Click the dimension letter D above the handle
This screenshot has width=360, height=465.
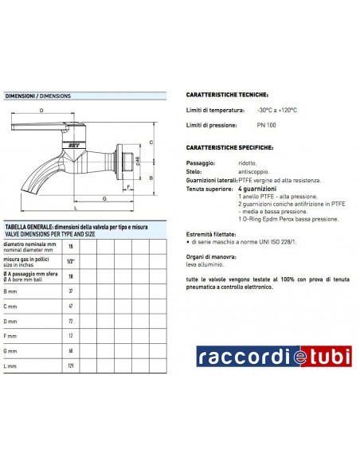coord(41,111)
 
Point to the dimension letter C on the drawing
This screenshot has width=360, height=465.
coord(150,143)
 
